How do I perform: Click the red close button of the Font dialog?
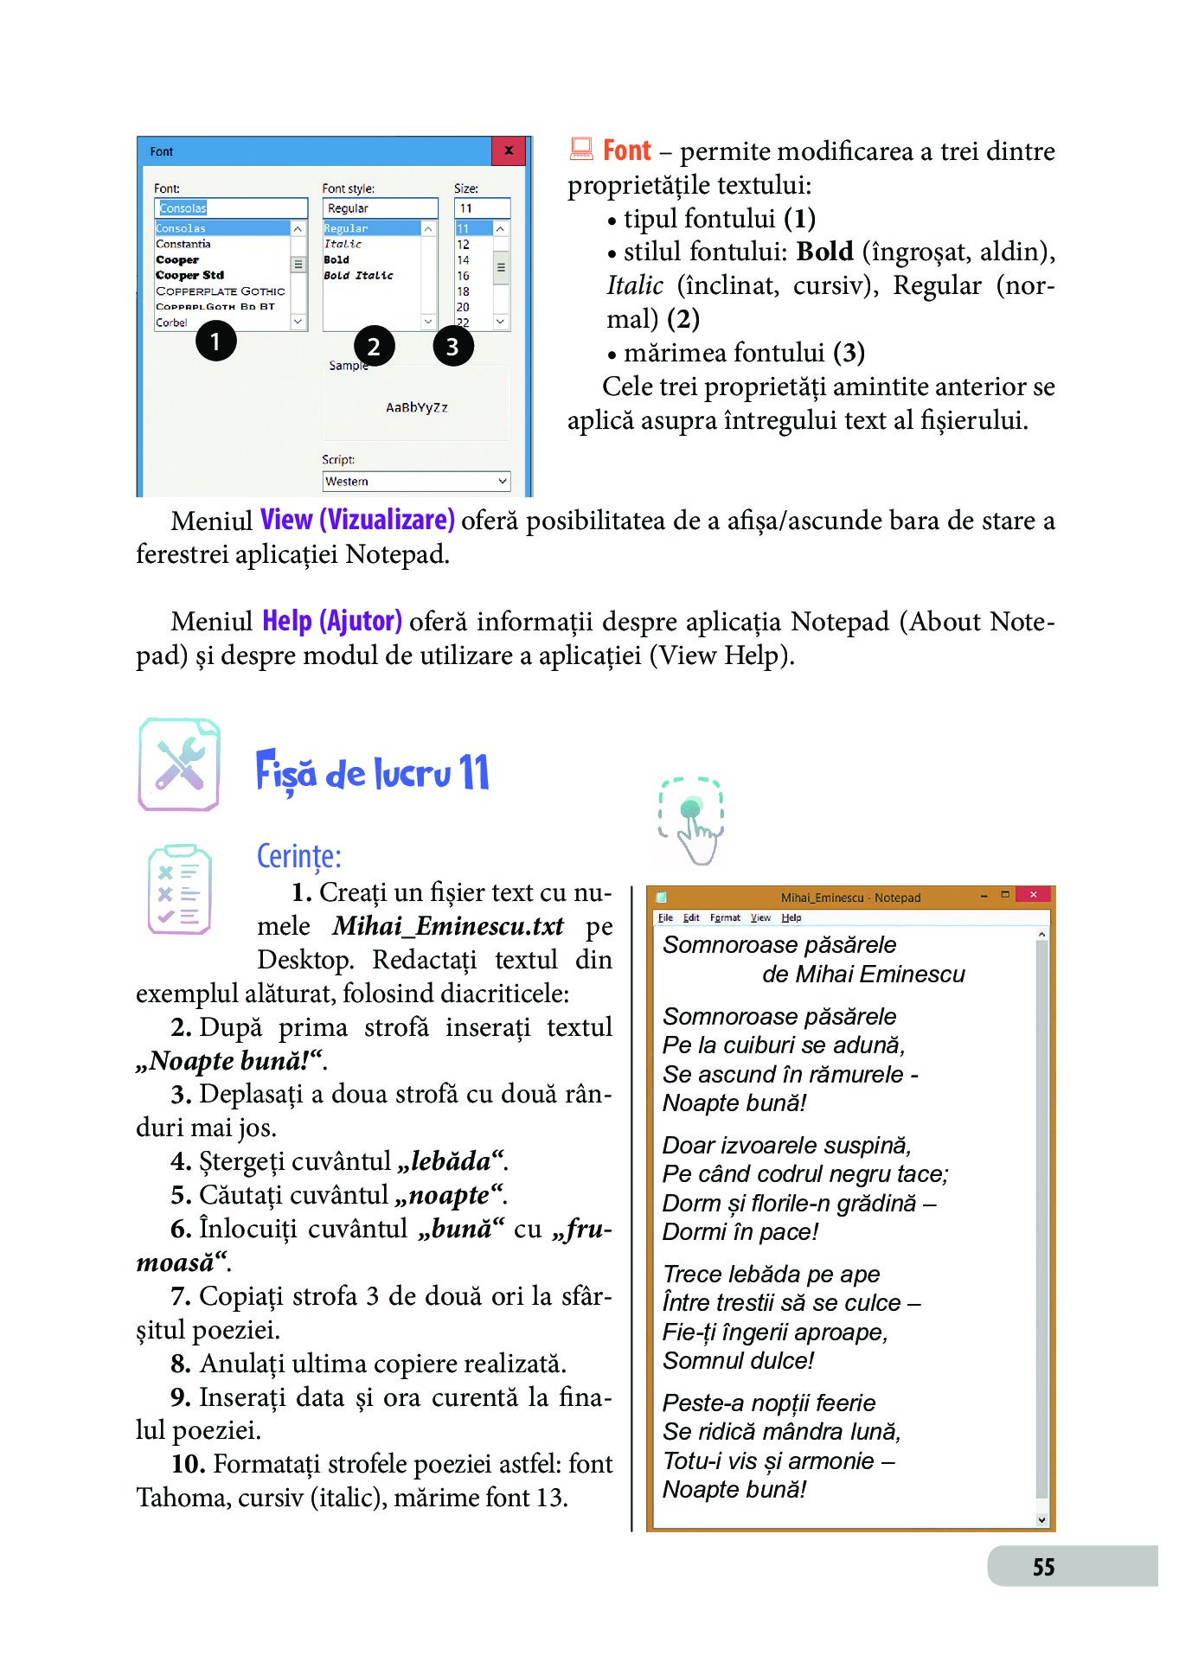(x=509, y=150)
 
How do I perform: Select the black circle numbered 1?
(x=215, y=341)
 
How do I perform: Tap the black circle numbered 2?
(x=374, y=347)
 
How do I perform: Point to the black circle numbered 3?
(x=452, y=347)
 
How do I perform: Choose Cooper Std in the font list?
(x=190, y=275)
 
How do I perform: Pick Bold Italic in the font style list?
(x=358, y=276)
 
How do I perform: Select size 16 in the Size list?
(x=464, y=276)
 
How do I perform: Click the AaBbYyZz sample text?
(x=417, y=407)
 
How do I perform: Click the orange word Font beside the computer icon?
(x=626, y=150)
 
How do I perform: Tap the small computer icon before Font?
(x=581, y=150)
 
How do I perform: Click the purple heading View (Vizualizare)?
(x=357, y=520)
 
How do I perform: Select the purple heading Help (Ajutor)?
(x=332, y=621)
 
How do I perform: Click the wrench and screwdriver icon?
(x=180, y=764)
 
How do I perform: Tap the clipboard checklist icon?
(x=179, y=890)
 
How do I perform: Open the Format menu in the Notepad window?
(x=725, y=918)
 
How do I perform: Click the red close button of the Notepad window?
(x=1033, y=895)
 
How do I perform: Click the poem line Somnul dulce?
(x=738, y=1361)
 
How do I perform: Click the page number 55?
(x=1043, y=1567)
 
